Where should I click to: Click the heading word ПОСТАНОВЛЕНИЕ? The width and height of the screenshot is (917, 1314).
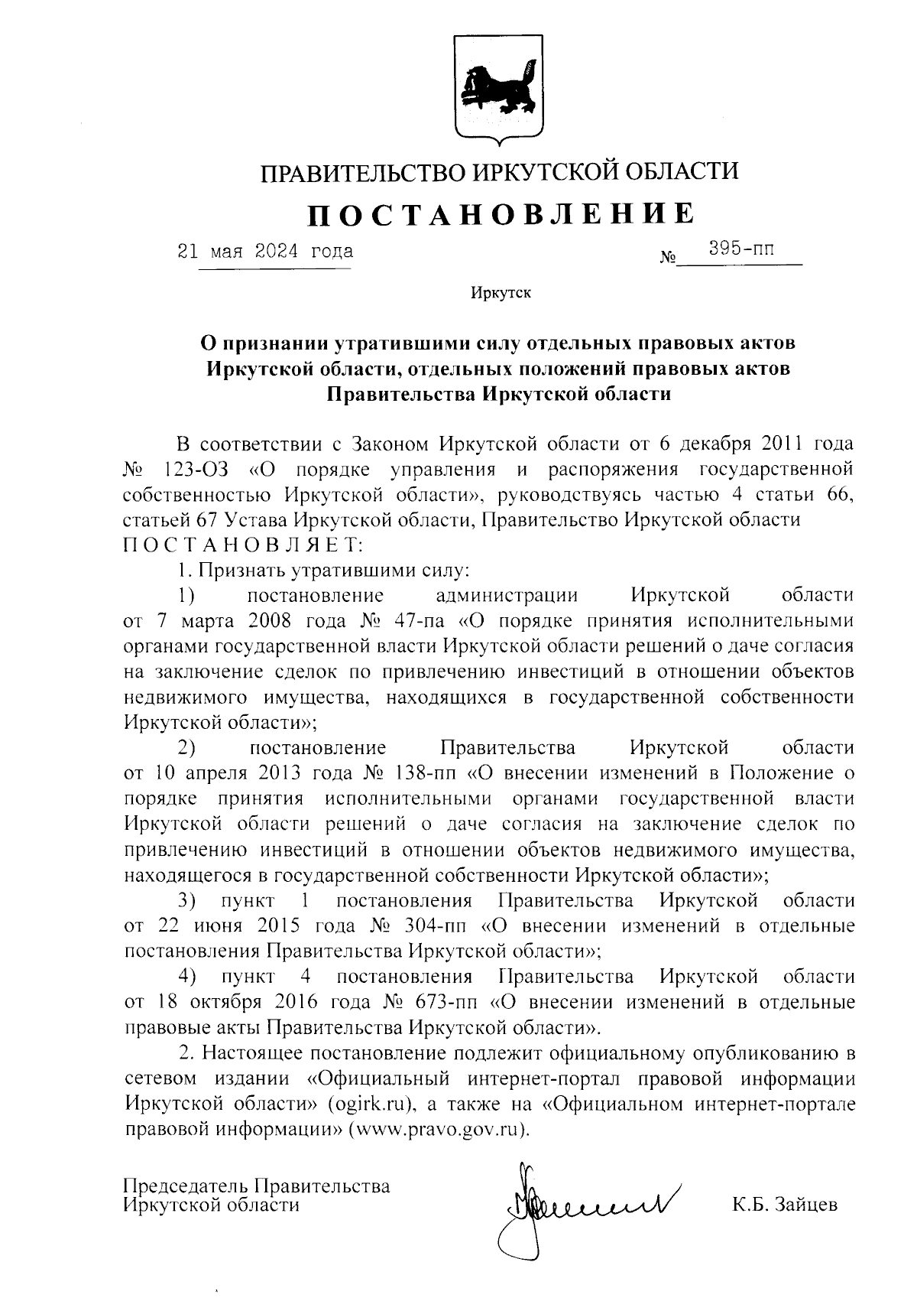coord(501,215)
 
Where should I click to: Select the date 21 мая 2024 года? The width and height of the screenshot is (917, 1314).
coord(265,251)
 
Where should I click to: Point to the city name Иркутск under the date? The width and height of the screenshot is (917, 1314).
coord(501,292)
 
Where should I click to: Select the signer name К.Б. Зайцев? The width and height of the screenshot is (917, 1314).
coord(784,1206)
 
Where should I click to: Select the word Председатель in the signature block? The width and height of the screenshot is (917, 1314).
coord(185,1186)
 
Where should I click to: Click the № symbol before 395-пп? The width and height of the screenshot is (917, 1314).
coord(667,259)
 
